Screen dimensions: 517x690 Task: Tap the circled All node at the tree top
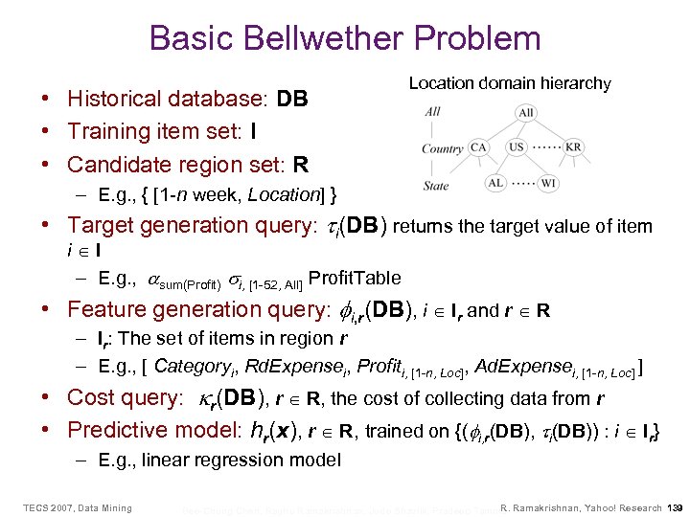pyautogui.click(x=525, y=113)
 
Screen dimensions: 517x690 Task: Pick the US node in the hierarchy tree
pyautogui.click(x=516, y=147)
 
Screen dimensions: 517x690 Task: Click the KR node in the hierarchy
pyautogui.click(x=574, y=147)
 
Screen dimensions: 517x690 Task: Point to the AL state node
pyautogui.click(x=496, y=182)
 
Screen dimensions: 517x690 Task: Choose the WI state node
pyautogui.click(x=548, y=182)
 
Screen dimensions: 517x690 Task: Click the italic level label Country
pyautogui.click(x=443, y=148)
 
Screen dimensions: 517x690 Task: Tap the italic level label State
pyautogui.click(x=435, y=185)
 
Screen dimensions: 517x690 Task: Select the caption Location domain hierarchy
pyautogui.click(x=510, y=83)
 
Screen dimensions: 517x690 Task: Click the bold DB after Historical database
pyautogui.click(x=291, y=99)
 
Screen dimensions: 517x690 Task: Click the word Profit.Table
pyautogui.click(x=355, y=279)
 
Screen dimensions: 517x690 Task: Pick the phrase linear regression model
pyautogui.click(x=240, y=460)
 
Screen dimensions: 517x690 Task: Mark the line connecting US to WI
pyautogui.click(x=534, y=165)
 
